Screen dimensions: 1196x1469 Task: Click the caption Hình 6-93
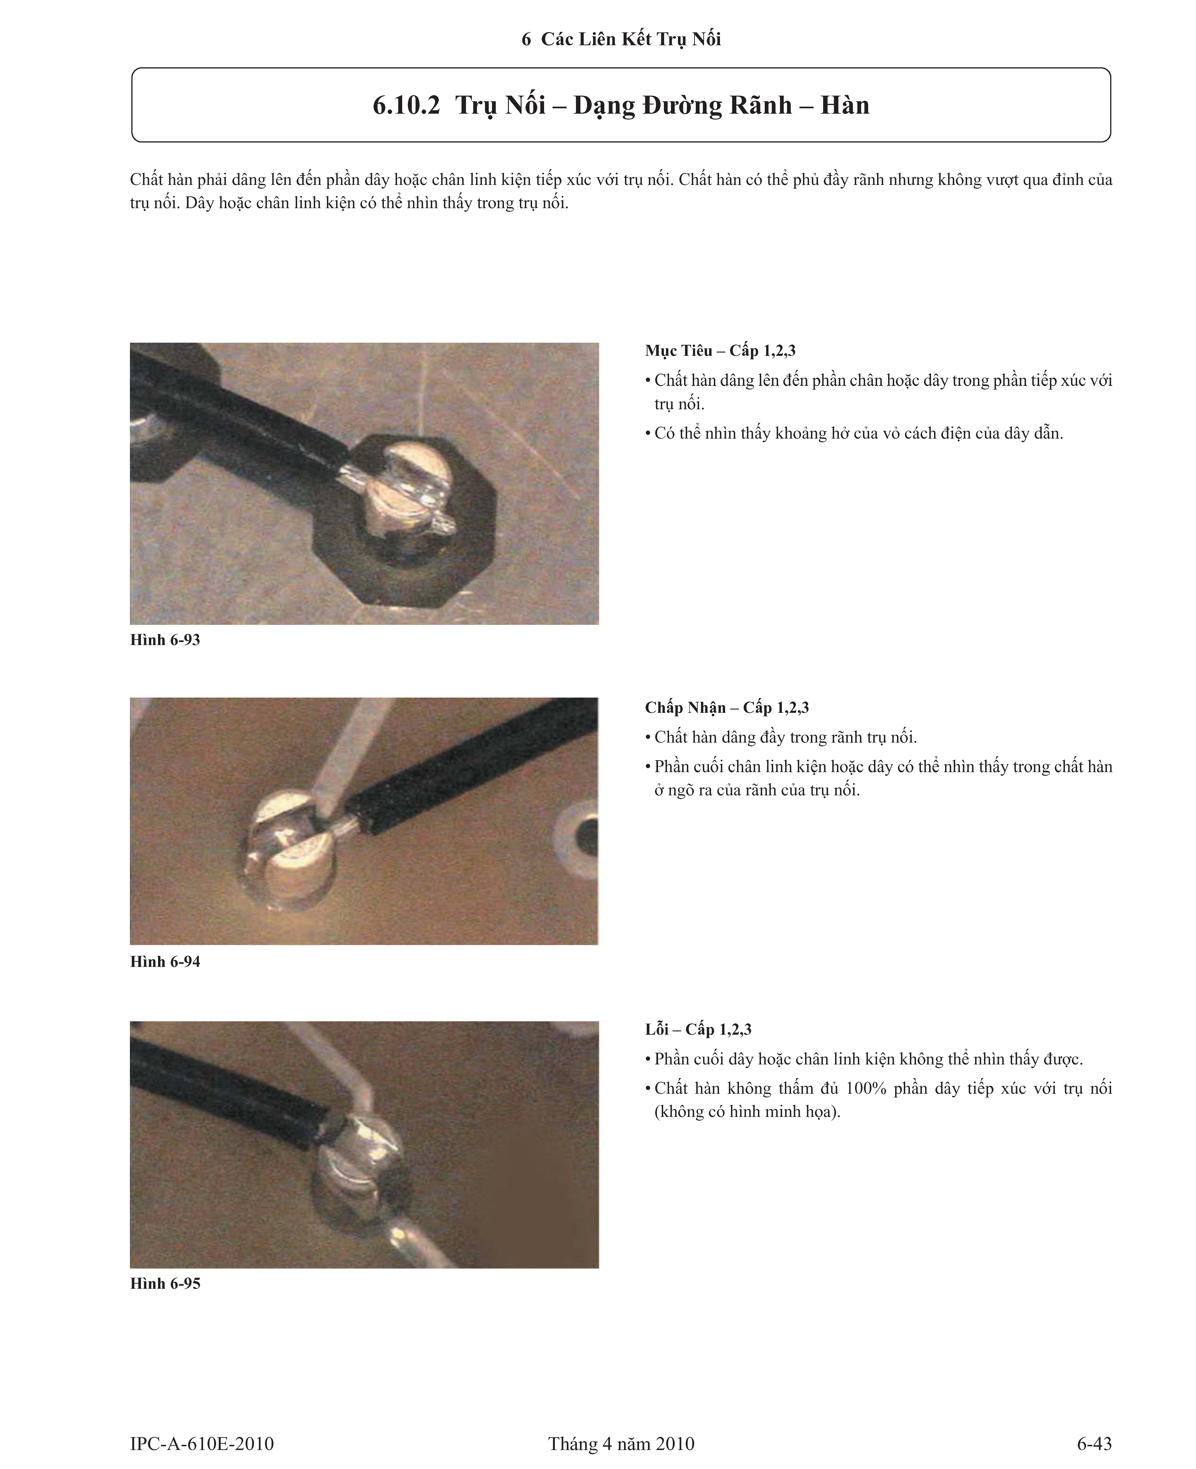click(165, 640)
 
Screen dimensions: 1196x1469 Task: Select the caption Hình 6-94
click(165, 962)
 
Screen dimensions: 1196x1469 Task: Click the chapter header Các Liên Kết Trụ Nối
click(631, 39)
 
